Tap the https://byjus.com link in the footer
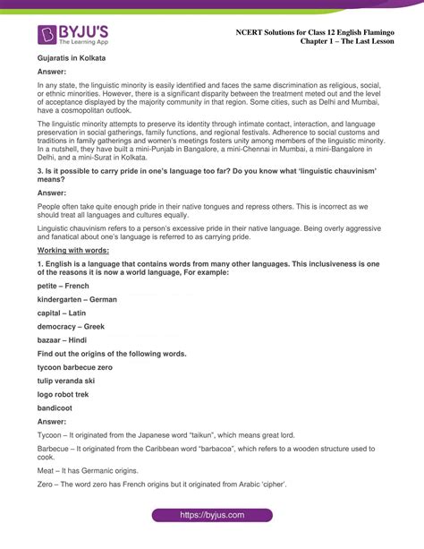pos(212,516)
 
